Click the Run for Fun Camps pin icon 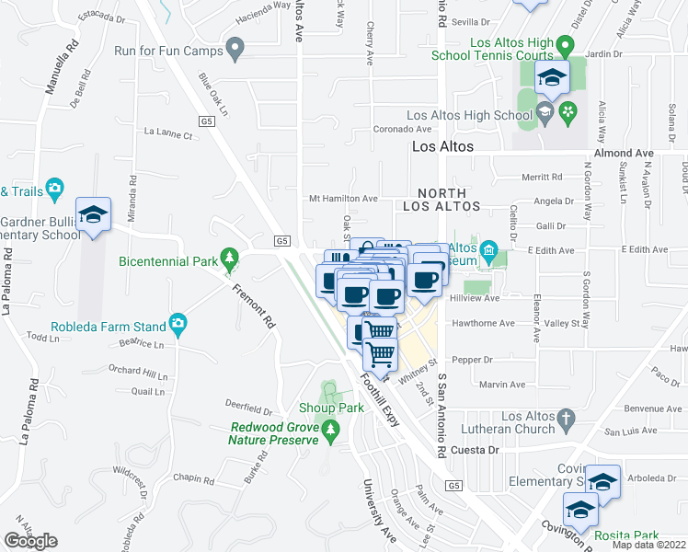coord(235,48)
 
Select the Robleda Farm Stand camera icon coord(178,324)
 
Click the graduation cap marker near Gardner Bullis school coord(93,214)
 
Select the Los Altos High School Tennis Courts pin coord(568,43)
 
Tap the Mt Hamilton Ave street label coord(343,198)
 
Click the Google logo coord(30,541)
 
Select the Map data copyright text coord(649,545)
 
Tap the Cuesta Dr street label coord(475,450)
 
